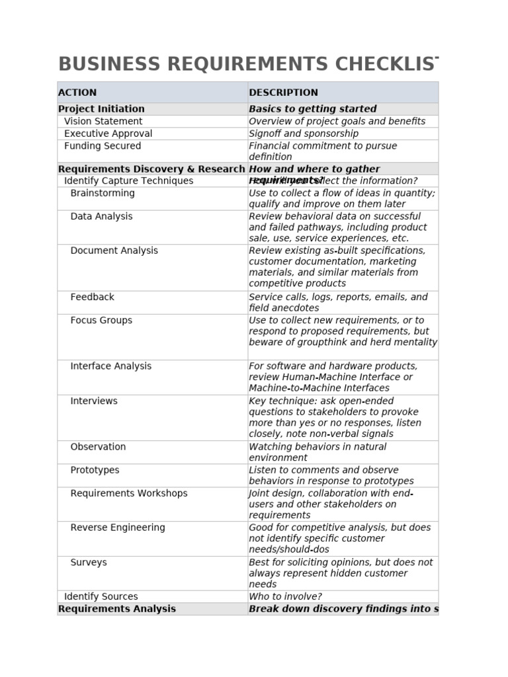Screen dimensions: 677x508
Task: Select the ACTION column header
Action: tap(77, 93)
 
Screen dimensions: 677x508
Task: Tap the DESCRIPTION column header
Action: tap(283, 93)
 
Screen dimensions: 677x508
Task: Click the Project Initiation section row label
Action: tap(101, 109)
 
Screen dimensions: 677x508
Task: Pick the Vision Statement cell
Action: tap(103, 122)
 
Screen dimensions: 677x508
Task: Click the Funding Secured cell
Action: tap(103, 146)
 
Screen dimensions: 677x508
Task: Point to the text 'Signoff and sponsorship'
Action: tap(304, 134)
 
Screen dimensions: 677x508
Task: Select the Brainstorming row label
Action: tap(103, 193)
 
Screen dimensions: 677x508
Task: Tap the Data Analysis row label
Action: tap(101, 216)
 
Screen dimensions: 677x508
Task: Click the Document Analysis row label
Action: tap(114, 251)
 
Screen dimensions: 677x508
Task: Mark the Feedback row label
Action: tap(92, 297)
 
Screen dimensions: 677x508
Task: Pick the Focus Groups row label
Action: tap(101, 320)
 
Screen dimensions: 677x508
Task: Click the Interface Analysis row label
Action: tap(110, 366)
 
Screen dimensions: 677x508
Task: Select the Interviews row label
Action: tap(94, 401)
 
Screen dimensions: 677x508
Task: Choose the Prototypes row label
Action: tap(95, 470)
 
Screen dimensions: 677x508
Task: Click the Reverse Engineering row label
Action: tap(118, 528)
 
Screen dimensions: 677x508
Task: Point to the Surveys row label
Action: tap(89, 563)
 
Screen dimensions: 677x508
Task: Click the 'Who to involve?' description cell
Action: tap(285, 596)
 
